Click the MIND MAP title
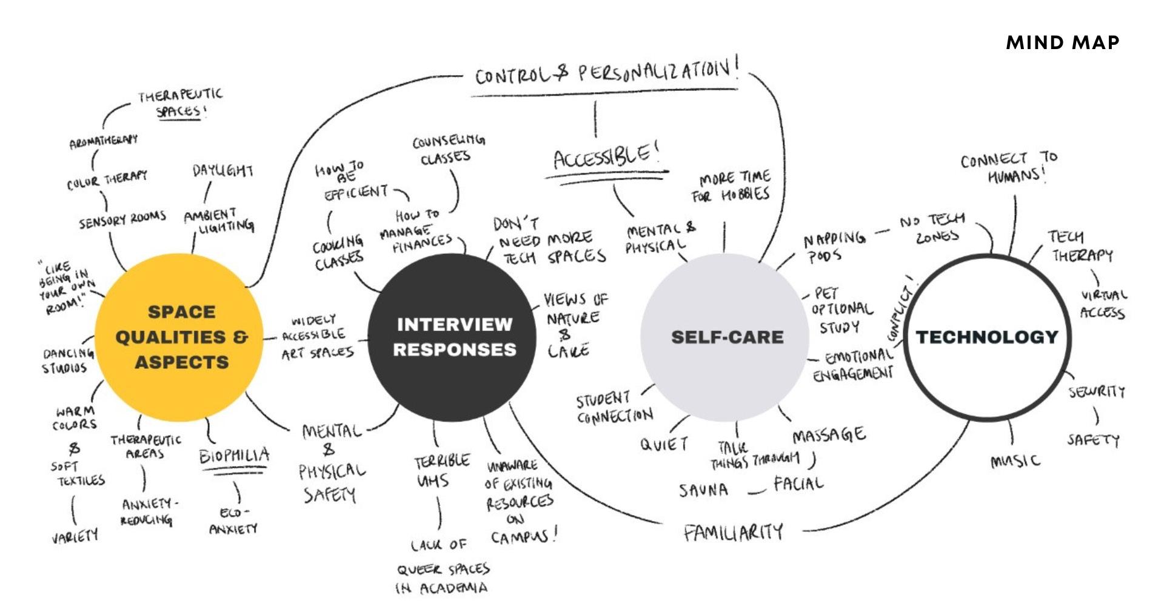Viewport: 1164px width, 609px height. click(1062, 42)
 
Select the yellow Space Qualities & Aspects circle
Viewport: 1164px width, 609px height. click(181, 337)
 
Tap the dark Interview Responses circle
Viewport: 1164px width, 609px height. click(454, 337)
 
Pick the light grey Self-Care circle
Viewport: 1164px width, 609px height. click(726, 337)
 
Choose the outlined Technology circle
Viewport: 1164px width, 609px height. click(986, 337)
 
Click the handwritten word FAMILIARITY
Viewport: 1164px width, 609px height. click(733, 533)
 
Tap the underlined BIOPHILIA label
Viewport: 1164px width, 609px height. click(234, 455)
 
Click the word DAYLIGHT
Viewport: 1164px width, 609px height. click(222, 170)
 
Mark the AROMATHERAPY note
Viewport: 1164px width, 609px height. click(103, 142)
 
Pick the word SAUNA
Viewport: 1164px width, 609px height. click(703, 490)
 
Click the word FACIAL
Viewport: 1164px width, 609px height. click(798, 484)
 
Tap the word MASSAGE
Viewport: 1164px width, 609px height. click(829, 435)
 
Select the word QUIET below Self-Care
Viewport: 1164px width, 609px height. click(664, 444)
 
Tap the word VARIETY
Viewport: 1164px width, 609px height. click(75, 536)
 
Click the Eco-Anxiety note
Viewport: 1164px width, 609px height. click(233, 521)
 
